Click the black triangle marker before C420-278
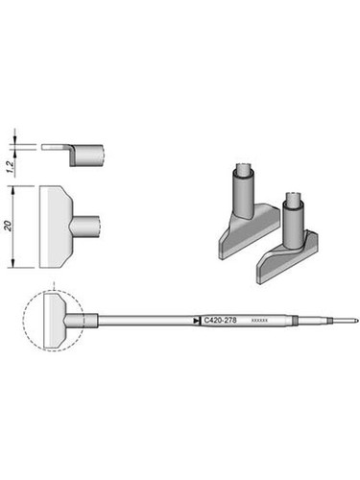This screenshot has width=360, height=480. point(198,320)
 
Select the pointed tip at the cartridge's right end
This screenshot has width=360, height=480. point(354,320)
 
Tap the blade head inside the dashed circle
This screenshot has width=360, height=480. point(56,320)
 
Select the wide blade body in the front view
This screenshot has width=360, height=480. point(56,227)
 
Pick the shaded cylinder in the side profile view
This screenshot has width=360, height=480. point(88,153)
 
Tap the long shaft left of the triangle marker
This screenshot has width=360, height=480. point(144,320)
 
